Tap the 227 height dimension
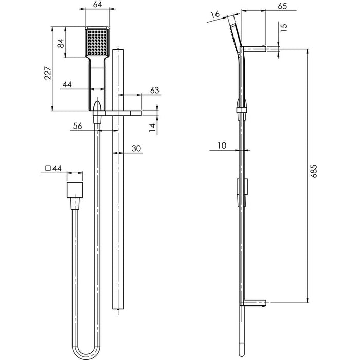[x=47, y=75]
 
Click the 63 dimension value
[x=154, y=90]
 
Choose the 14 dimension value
[x=152, y=127]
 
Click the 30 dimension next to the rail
[x=136, y=148]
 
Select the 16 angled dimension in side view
[x=215, y=14]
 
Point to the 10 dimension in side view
[x=221, y=146]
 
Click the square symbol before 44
[x=48, y=168]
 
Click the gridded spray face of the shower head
[x=96, y=41]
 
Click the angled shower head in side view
[x=235, y=37]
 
